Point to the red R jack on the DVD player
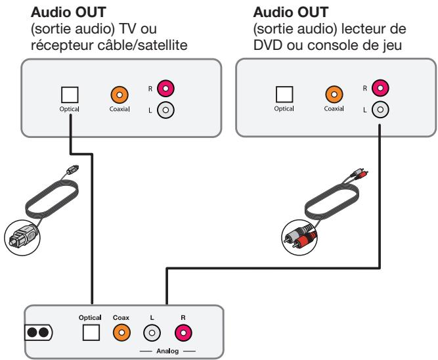pos(380,87)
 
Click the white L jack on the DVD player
pos(380,111)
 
